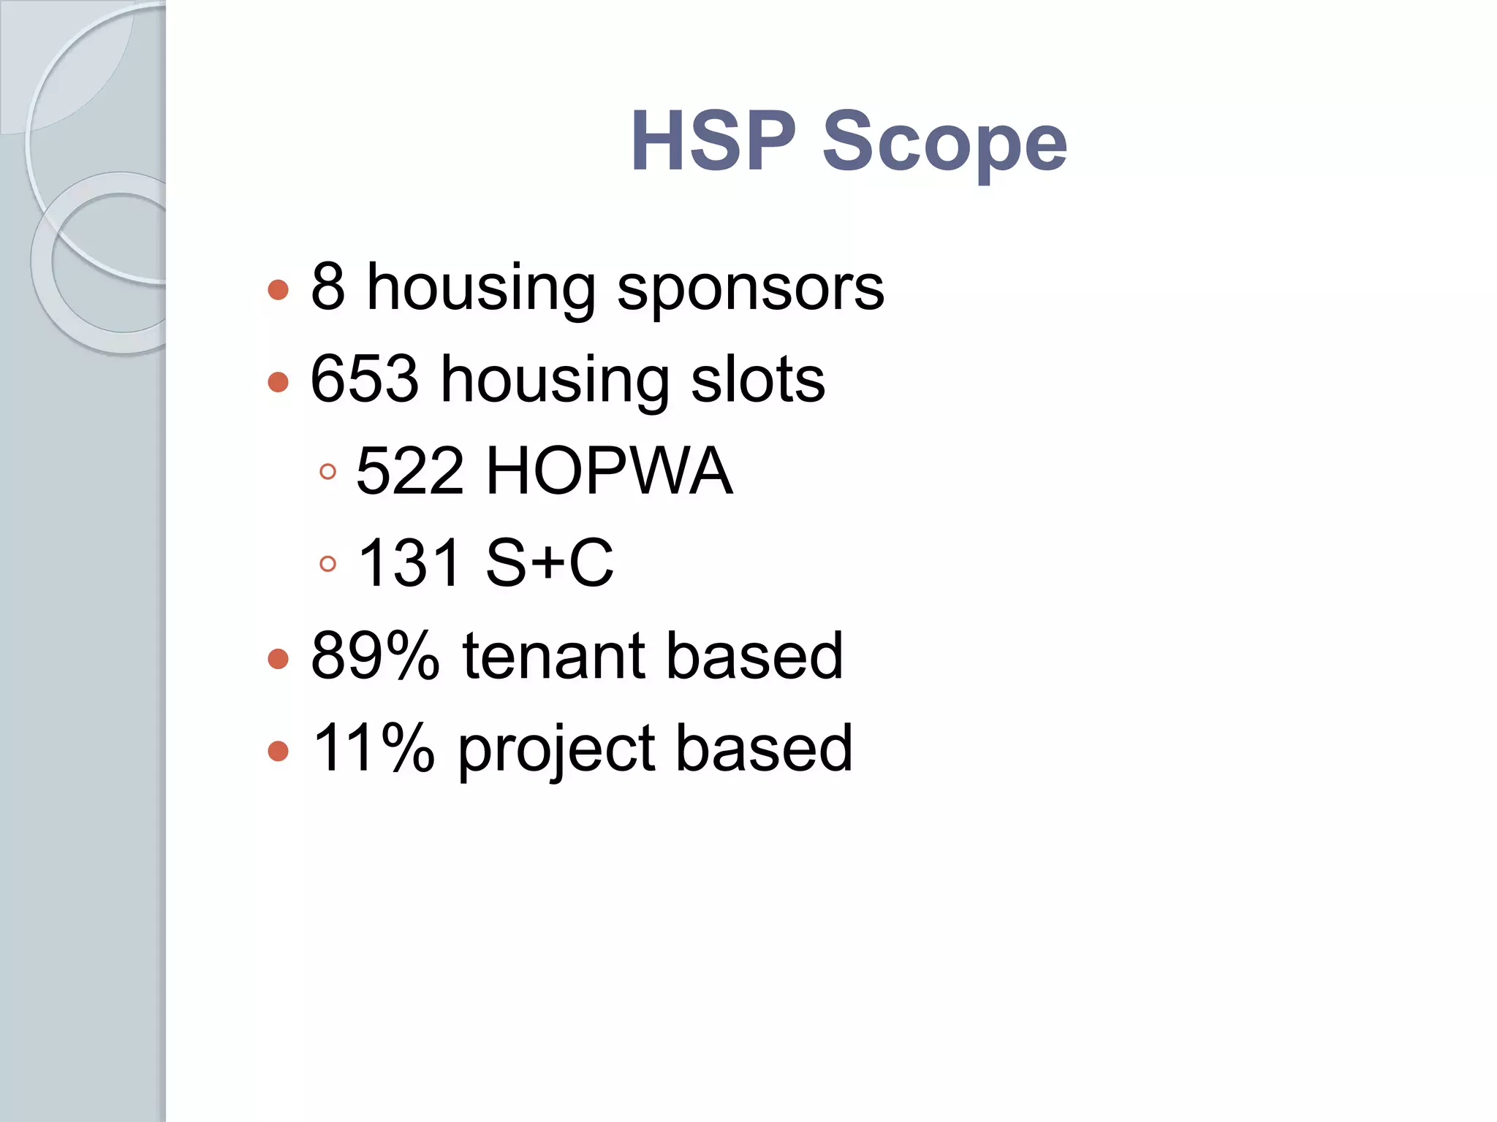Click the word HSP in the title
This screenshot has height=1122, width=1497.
pos(713,140)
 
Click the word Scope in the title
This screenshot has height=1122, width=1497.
pos(944,143)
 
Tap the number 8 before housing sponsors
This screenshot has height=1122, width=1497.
pos(327,287)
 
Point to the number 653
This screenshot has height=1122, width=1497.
pos(365,379)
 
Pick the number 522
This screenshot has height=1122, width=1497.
pos(410,471)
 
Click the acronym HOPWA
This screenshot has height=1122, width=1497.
pos(609,471)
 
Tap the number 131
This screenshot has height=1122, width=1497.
pos(410,563)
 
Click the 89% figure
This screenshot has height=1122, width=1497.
pos(375,656)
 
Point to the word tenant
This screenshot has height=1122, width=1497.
pos(553,656)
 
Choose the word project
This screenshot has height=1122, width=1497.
pos(556,751)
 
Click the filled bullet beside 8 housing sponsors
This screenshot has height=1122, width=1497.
pos(278,289)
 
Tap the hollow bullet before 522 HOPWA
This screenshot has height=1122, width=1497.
pos(328,472)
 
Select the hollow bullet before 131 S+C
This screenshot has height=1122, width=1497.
pos(328,564)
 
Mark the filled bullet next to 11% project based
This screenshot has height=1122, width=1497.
pos(278,750)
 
